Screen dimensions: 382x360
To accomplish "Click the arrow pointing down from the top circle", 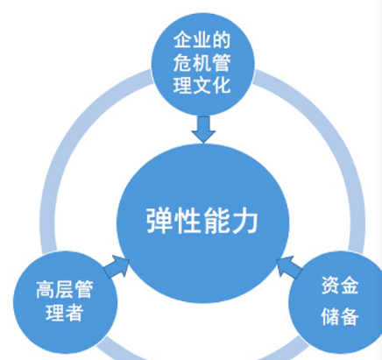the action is click(203, 130).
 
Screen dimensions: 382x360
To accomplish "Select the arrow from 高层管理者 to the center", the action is click(117, 266).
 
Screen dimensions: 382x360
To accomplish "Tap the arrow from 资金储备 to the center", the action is click(289, 266).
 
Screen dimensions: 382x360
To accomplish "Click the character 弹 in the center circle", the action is click(159, 221).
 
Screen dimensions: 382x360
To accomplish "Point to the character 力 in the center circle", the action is click(244, 221).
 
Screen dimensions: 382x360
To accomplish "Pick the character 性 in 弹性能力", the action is click(187, 221).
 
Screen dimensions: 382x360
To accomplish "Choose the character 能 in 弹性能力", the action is click(216, 221).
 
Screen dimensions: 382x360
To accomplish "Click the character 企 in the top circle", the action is click(182, 39).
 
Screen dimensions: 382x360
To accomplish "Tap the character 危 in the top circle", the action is click(182, 62).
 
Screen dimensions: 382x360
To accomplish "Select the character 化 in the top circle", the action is click(222, 85).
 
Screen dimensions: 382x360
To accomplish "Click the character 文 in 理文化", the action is click(202, 85).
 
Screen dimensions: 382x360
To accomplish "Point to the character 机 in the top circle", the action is click(202, 62).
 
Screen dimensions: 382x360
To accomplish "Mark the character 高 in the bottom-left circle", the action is click(46, 289).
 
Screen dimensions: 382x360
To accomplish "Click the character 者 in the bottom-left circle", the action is click(74, 313).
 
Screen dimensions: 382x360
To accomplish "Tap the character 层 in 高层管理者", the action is click(65, 289).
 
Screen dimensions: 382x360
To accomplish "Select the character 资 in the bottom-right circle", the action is click(330, 286).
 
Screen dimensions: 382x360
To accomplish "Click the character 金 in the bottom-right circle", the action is click(350, 286).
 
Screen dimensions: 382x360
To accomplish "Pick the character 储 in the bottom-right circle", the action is click(330, 316).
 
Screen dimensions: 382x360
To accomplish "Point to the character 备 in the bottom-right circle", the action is click(350, 316).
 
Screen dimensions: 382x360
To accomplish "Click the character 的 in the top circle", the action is click(222, 39).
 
